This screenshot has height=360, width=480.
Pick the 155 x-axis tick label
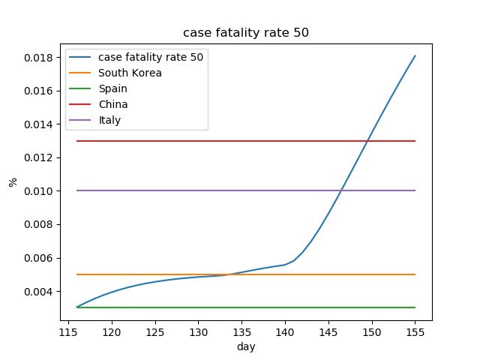[415, 332]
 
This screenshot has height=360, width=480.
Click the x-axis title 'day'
[246, 346]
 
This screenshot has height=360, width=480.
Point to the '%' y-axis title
[13, 181]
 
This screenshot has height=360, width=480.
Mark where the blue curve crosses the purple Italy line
[340, 190]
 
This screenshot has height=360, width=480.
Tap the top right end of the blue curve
[415, 55]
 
